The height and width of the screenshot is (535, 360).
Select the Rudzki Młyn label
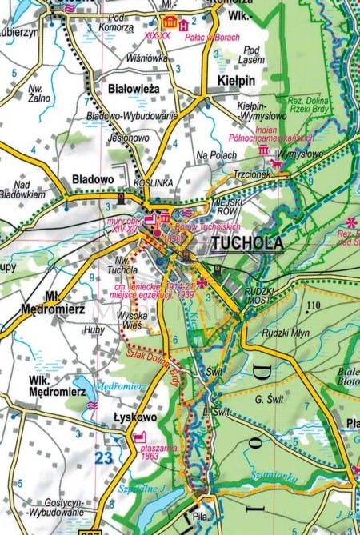(284, 334)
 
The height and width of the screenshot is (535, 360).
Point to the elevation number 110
(311, 306)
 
